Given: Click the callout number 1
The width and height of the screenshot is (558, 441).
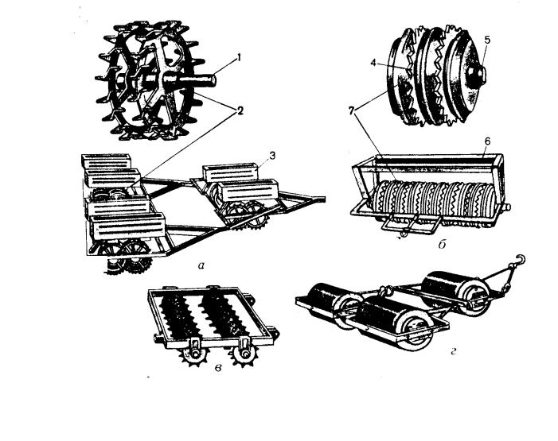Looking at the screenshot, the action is pos(239,57).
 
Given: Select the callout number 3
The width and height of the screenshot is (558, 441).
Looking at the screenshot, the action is pos(272,155).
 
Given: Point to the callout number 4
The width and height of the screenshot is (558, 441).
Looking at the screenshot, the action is pos(373,63).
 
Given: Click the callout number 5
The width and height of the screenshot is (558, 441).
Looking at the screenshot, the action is pos(487,40).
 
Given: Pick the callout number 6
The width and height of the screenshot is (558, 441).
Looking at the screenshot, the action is pos(487,141).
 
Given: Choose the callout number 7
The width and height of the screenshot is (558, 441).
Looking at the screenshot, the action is pos(352,111).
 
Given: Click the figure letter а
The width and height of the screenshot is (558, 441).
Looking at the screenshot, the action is pos(201,265).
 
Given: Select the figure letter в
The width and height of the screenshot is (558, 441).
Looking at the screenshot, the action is pos(218,368).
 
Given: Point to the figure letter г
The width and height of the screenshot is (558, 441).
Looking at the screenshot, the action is pos(454,352).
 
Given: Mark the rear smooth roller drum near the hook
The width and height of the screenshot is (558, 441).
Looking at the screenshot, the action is pos(455,292).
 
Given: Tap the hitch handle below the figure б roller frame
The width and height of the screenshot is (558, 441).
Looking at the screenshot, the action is pos(410,224).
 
